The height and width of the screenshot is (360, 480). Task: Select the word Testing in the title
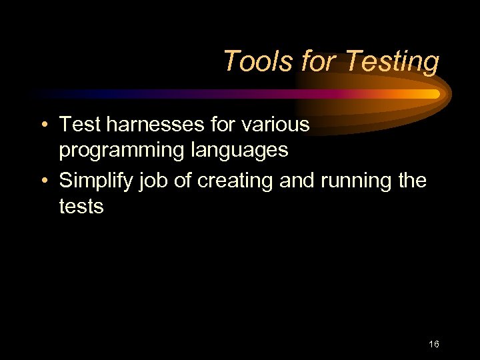click(391, 62)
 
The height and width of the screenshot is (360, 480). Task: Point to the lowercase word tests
click(81, 206)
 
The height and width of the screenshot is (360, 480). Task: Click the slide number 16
click(434, 345)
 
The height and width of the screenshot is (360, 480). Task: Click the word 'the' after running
click(411, 180)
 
